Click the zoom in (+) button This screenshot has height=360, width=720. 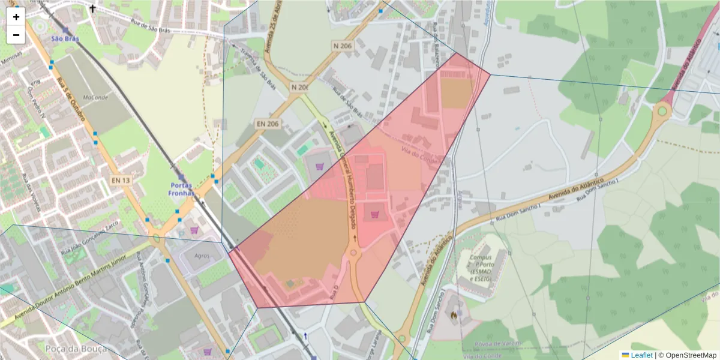[16, 17]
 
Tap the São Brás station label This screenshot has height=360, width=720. [65, 39]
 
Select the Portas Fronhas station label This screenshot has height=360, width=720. [182, 189]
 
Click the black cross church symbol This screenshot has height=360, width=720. [92, 9]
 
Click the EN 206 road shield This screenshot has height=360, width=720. [268, 124]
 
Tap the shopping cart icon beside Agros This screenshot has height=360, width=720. [194, 230]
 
